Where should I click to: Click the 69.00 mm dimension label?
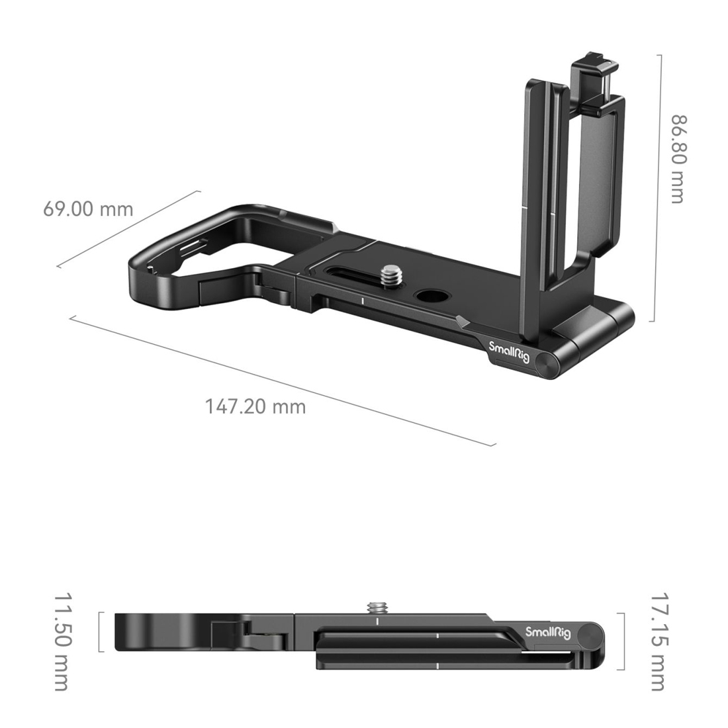88,209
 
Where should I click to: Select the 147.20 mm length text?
255,406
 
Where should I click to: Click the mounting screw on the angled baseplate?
390,275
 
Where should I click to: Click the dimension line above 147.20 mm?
282,381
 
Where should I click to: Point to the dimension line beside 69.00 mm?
128,229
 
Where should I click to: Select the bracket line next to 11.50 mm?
100,632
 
